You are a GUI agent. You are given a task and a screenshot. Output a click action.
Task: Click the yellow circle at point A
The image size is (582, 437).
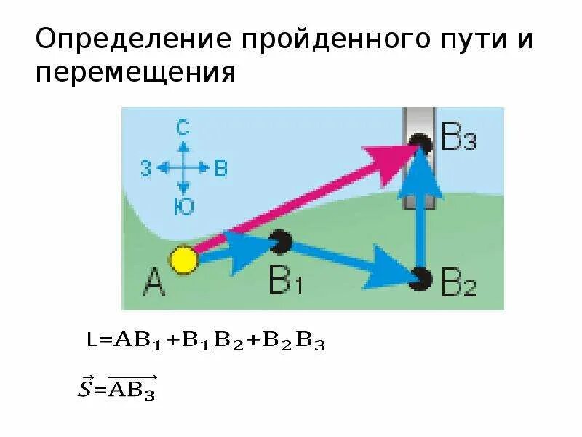pyautogui.click(x=184, y=260)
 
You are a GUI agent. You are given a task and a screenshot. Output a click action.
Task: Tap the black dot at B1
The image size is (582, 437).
pyautogui.click(x=281, y=240)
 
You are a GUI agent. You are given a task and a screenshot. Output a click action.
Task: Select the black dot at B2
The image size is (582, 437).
pyautogui.click(x=420, y=277)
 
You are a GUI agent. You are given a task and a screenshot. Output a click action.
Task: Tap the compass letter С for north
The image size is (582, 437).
pyautogui.click(x=183, y=129)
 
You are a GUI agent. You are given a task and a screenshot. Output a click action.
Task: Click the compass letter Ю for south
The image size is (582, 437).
pyautogui.click(x=183, y=207)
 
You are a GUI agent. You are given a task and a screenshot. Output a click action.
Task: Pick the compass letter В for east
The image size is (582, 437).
pyautogui.click(x=221, y=169)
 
